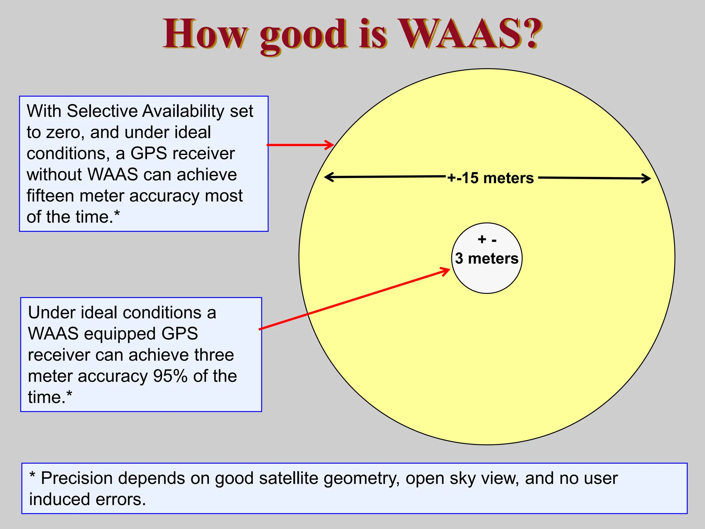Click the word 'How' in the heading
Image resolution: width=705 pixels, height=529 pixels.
click(205, 34)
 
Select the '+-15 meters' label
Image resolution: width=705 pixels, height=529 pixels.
click(491, 178)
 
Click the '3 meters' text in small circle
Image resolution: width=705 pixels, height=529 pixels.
click(486, 258)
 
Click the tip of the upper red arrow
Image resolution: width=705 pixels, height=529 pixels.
click(333, 145)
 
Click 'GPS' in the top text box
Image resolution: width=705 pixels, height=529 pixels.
click(149, 154)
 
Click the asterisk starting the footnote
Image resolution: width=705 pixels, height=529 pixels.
click(32, 476)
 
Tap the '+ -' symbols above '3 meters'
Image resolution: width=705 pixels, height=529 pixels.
click(487, 240)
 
